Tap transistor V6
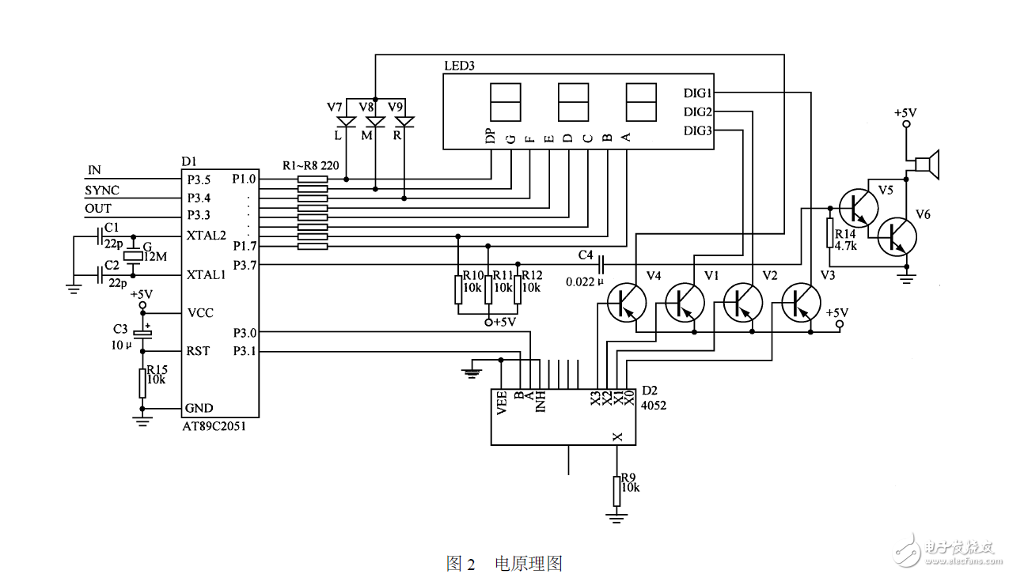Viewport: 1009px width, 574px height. point(897,236)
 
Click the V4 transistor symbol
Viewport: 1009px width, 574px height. point(627,302)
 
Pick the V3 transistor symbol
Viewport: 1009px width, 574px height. point(801,302)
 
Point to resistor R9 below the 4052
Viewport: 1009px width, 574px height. point(616,490)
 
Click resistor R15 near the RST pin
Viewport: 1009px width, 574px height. point(142,382)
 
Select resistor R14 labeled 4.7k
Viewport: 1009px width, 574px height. point(829,233)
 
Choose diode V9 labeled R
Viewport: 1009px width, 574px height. point(404,123)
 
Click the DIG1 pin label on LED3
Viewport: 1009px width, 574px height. point(697,93)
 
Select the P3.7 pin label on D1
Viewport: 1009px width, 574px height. point(245,265)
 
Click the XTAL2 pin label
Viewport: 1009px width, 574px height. point(206,236)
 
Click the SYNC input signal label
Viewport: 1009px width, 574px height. point(102,190)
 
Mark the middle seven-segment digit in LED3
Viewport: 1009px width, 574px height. point(573,100)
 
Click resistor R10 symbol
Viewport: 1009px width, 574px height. point(458,290)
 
